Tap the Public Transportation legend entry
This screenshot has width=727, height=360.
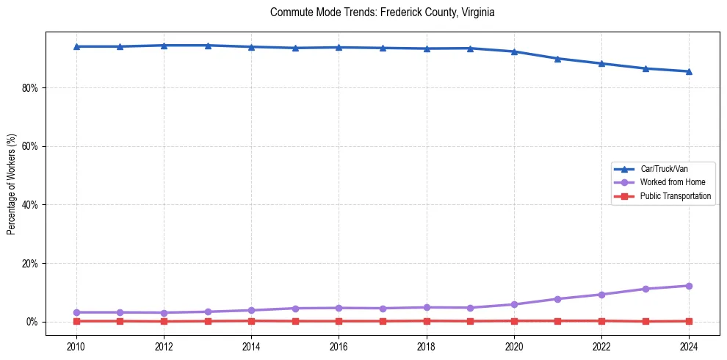pyautogui.click(x=675, y=196)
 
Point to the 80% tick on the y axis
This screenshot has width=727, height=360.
pyautogui.click(x=29, y=87)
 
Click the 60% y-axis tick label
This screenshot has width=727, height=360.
pyautogui.click(x=29, y=146)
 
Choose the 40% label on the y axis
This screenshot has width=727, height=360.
pyautogui.click(x=29, y=205)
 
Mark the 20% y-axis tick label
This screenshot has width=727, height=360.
pyautogui.click(x=29, y=263)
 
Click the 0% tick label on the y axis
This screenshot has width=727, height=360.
pyautogui.click(x=32, y=322)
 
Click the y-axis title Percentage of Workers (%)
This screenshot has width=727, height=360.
pyautogui.click(x=12, y=183)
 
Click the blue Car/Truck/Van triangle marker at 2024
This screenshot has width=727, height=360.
pyautogui.click(x=689, y=71)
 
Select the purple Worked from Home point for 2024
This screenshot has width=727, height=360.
pyautogui.click(x=689, y=286)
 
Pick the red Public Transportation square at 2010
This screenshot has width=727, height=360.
pyautogui.click(x=76, y=321)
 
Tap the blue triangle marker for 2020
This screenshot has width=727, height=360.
pyautogui.click(x=514, y=51)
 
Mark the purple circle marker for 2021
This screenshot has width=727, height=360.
pyautogui.click(x=557, y=299)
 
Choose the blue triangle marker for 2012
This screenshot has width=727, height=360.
pyautogui.click(x=164, y=46)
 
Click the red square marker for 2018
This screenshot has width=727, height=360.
pyautogui.click(x=427, y=320)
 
